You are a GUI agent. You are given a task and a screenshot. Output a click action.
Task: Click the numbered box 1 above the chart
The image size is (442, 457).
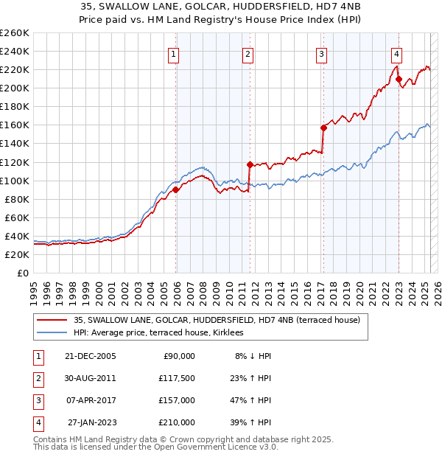173,53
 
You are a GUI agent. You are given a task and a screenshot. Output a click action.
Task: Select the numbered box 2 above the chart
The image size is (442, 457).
248,53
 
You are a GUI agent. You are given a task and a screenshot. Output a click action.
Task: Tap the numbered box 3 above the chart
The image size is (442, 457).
322,53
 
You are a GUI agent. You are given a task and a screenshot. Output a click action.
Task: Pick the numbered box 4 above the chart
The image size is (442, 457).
396,53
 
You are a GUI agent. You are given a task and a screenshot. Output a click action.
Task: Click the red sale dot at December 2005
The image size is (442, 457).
176,189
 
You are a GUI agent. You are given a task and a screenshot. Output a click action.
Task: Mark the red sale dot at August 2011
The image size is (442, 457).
250,164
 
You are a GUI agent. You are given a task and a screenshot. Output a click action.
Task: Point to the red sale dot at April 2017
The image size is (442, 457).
323,128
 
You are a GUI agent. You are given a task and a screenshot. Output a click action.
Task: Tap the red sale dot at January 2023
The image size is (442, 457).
399,79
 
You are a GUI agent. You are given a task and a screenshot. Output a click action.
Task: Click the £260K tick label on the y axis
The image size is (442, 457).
15,32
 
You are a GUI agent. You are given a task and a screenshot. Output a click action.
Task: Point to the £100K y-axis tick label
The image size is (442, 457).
15,181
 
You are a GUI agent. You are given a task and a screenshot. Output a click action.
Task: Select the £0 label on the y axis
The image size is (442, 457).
24,273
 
